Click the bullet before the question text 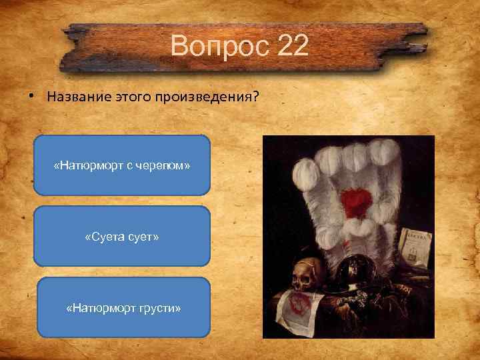pos(32,96)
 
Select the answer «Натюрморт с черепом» pos(122,165)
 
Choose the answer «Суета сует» pos(122,236)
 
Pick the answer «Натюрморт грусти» pos(123,307)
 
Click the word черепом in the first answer pos(171,165)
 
